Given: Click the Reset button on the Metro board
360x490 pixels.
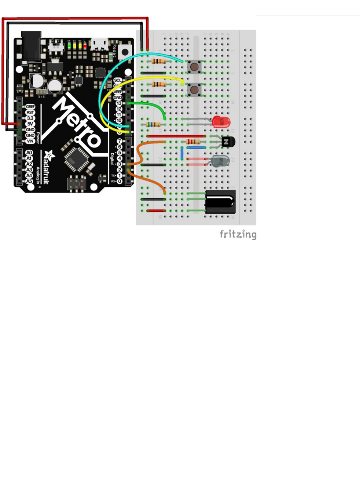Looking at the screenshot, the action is point(125,51).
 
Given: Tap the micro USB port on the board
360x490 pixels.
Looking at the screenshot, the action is point(99,44).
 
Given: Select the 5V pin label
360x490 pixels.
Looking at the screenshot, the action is point(30,124).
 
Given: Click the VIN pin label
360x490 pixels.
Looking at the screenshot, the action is point(30,141).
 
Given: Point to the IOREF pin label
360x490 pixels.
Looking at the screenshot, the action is point(30,107).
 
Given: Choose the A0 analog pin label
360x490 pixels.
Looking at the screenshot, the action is point(29,153).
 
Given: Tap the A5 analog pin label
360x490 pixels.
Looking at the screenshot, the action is point(29,181).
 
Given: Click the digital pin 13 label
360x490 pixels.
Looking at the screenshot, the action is point(118,103).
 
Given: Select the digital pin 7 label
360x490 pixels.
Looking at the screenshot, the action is point(119,141).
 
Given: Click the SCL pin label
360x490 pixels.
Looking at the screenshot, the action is point(118,80).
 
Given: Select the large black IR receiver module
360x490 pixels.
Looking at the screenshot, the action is point(220,202).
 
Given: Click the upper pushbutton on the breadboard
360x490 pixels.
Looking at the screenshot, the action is point(194,67).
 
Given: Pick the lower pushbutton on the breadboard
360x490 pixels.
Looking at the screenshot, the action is point(194,89).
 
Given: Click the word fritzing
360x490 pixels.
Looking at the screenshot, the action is point(238,235).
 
